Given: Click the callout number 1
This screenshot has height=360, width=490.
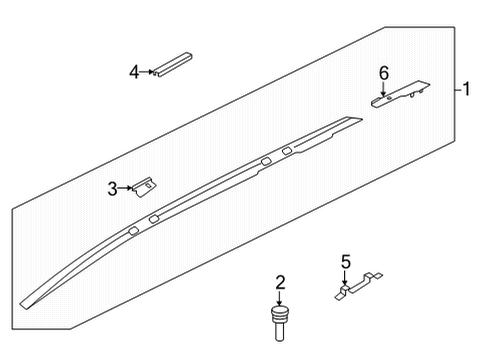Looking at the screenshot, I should click(x=467, y=89).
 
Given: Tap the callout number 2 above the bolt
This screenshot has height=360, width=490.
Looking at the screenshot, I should click(x=281, y=283).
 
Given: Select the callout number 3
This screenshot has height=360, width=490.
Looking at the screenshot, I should click(x=113, y=186).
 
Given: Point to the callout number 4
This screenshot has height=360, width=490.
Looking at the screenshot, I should click(x=133, y=71).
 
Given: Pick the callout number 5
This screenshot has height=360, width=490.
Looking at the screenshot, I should click(x=345, y=263).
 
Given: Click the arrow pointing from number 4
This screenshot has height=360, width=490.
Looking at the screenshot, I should click(x=147, y=72).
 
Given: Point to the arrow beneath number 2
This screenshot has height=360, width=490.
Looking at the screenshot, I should click(x=281, y=300).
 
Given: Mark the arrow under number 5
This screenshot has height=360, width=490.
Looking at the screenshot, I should click(x=346, y=280).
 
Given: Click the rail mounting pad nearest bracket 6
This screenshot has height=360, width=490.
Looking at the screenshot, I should click(x=288, y=151).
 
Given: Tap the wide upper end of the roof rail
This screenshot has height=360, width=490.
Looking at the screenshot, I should click(x=350, y=121).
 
